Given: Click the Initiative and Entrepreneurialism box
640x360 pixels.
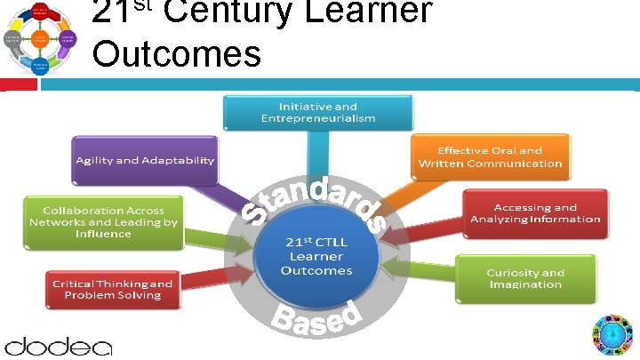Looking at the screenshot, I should click(317, 111).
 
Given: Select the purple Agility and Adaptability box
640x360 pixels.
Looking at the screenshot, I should click(145, 160).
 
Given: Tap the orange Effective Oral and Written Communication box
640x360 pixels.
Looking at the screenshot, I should click(490, 156).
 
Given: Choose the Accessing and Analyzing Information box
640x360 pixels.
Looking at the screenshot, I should click(535, 213).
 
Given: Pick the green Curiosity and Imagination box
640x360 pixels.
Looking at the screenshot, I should click(524, 278).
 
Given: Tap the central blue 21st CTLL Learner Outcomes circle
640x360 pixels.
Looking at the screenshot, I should click(317, 257).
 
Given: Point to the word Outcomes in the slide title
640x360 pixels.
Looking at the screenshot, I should click(176, 52).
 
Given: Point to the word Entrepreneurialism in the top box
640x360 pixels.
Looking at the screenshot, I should click(317, 117).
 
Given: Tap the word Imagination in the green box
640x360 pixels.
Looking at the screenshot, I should click(524, 284).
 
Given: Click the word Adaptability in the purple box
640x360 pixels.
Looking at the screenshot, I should click(181, 160).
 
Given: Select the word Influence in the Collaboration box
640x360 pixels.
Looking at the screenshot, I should click(104, 234).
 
